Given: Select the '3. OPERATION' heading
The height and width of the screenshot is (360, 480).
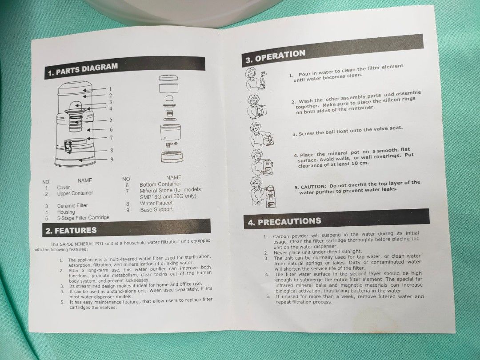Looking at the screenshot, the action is pyautogui.click(x=276, y=56).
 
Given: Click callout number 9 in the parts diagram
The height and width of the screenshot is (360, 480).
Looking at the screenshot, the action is pyautogui.click(x=112, y=159).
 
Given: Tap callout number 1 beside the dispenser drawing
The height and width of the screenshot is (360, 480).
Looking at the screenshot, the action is pyautogui.click(x=111, y=89).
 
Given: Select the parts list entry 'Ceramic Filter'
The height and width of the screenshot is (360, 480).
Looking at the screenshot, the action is pyautogui.click(x=72, y=205).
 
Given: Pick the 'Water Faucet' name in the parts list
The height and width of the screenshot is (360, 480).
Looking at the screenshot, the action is pyautogui.click(x=156, y=203).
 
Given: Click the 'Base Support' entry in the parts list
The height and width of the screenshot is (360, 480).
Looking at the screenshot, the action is pyautogui.click(x=156, y=210).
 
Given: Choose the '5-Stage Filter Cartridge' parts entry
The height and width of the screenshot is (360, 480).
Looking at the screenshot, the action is pyautogui.click(x=83, y=218).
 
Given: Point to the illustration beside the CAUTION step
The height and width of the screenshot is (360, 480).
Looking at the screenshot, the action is pyautogui.click(x=263, y=192).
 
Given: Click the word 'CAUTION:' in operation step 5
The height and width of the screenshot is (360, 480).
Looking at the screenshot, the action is pyautogui.click(x=313, y=186).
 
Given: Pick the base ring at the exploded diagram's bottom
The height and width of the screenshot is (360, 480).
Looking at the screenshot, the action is pyautogui.click(x=172, y=156).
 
